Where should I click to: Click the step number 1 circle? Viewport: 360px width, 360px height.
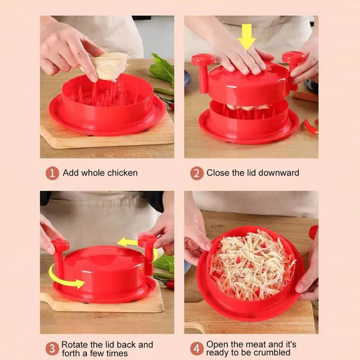coord(52,173)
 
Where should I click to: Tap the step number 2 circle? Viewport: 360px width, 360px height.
coord(197,173)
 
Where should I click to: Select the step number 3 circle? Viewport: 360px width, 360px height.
coord(52,349)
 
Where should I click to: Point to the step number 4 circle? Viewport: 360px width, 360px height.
coord(197,349)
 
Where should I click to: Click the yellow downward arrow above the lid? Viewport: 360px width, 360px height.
coord(247,37)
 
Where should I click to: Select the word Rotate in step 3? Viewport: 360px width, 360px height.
coord(74,344)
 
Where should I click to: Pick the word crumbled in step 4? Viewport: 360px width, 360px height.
coord(272,352)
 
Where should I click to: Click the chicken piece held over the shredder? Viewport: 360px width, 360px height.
coord(110,66)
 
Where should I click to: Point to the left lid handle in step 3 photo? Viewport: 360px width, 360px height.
coord(60,258)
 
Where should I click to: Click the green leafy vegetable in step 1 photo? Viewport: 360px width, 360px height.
coord(162,69)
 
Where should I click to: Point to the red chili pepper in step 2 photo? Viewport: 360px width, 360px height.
coord(311,127)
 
